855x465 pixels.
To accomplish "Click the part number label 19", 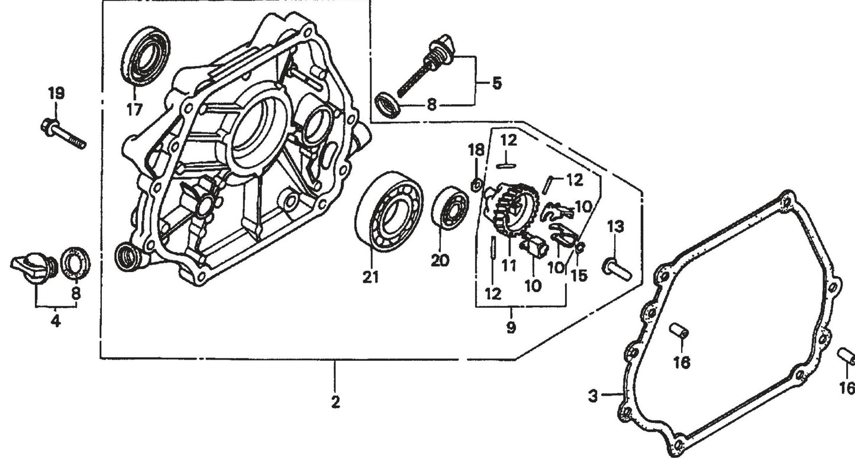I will pos(56,93).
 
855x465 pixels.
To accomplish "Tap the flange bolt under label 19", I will pos(63,134).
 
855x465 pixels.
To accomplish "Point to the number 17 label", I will pos(134,109).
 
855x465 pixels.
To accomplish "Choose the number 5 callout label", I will pos(496,83).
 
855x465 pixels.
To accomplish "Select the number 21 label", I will pos(370,277).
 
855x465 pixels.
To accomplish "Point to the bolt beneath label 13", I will pos(618,269).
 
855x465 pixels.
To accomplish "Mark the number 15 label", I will pos(579,276).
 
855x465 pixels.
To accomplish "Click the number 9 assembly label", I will pos(510,327).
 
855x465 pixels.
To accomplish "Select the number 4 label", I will pos(55,322).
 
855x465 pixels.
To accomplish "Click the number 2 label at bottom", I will pos(335,402).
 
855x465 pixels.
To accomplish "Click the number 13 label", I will pos(615,226).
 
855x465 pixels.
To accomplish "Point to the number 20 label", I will pos(440,261).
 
